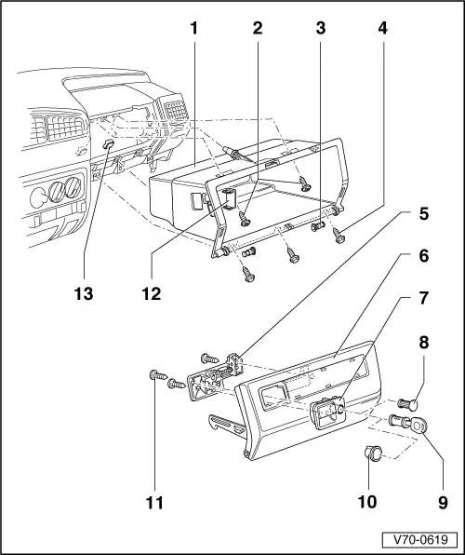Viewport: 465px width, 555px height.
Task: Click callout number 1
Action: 193,29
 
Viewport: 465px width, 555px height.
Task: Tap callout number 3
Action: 320,29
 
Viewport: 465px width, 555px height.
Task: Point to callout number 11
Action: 154,504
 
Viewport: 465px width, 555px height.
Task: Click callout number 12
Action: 151,294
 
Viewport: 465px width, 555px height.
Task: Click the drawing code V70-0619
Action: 419,539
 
